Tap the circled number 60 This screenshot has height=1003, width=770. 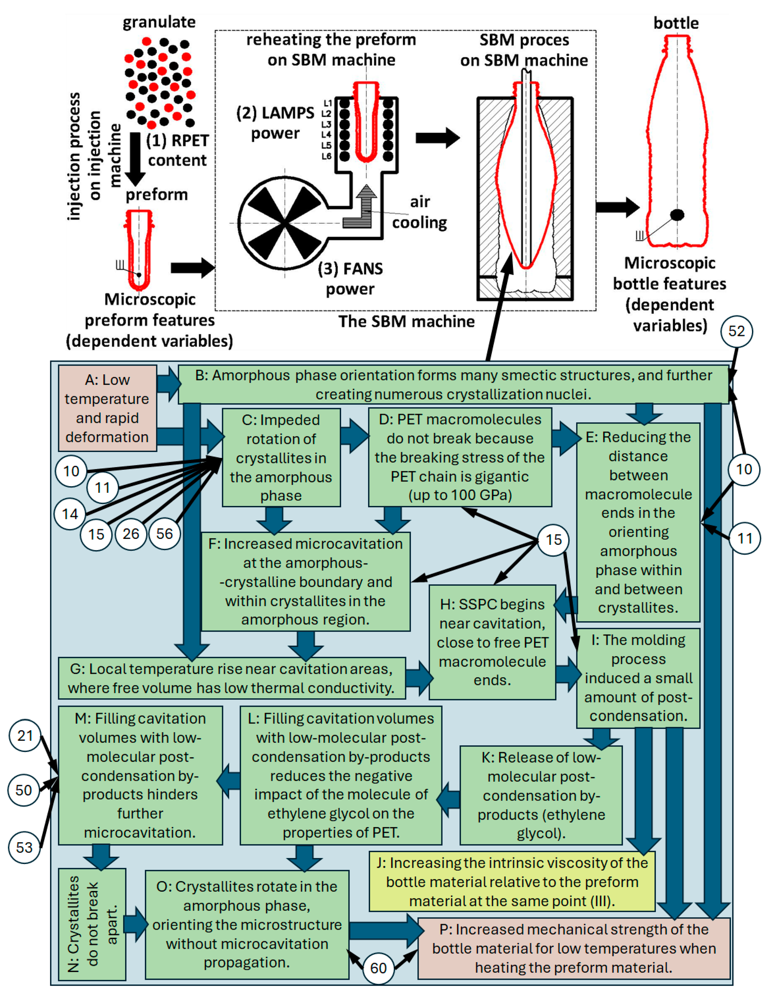point(378,968)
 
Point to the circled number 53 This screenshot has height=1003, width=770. point(25,847)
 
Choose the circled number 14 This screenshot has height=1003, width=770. point(70,514)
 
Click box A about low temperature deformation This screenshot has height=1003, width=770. point(107,408)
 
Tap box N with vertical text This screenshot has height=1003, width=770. point(92,924)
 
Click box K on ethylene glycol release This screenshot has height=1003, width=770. point(541,795)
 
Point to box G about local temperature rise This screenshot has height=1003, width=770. point(232,678)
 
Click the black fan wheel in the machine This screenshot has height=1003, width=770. point(285,223)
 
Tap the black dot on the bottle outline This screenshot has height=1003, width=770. point(677,214)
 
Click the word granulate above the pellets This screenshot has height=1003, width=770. point(159,22)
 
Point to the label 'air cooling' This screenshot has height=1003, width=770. point(419,212)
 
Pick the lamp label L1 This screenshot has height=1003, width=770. point(327,103)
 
